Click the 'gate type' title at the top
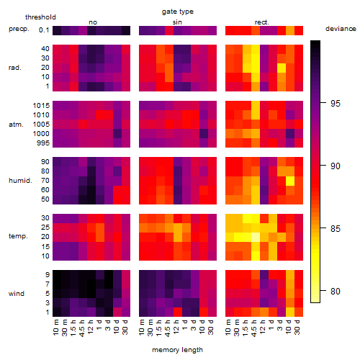[x=178, y=12]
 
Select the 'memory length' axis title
[x=177, y=350]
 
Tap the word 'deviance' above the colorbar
[x=341, y=29]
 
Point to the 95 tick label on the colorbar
[x=336, y=103]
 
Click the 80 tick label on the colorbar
[x=336, y=291]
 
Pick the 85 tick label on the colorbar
[x=336, y=228]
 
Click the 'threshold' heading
[x=40, y=17]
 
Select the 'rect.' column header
[x=262, y=22]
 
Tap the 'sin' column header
[x=177, y=22]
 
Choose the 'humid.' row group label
[x=20, y=181]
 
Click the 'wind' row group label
[x=17, y=294]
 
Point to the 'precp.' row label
[x=19, y=29]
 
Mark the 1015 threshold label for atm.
[x=41, y=105]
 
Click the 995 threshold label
[x=43, y=143]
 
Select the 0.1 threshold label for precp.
[x=44, y=30]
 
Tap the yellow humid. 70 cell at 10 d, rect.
[x=290, y=181]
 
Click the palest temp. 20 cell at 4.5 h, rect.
[x=256, y=237]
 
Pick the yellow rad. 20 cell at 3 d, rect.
[x=282, y=68]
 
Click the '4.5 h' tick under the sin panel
[x=167, y=328]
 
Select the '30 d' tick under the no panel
[x=125, y=327]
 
